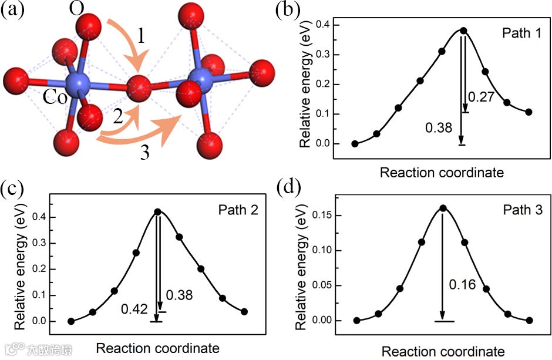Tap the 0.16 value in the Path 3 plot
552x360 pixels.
click(462, 285)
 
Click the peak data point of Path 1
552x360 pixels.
click(463, 31)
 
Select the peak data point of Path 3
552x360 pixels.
click(443, 207)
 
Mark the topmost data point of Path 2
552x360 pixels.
click(157, 211)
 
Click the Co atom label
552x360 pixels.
click(55, 97)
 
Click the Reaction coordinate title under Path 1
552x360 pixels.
click(442, 173)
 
